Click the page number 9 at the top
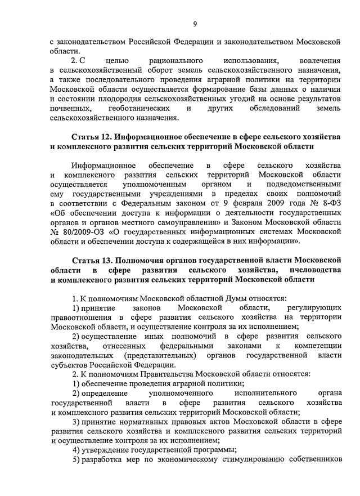(x=195, y=24)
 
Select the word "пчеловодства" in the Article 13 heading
(x=316, y=270)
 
